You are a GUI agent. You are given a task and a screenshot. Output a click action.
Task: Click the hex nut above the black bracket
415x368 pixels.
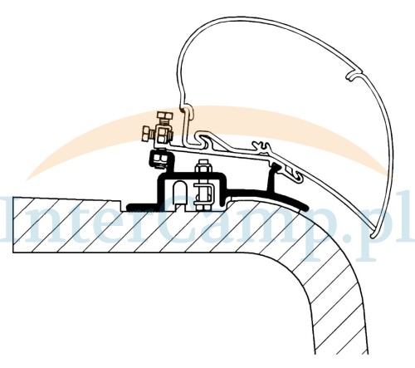(203, 168)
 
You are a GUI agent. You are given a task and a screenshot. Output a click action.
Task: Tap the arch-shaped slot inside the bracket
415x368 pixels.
(180, 193)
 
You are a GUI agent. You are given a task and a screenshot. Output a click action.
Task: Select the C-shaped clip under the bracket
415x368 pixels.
(204, 193)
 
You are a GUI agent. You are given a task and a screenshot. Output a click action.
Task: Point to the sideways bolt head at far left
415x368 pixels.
(145, 133)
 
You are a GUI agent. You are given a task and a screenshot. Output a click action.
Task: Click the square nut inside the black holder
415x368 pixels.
(159, 159)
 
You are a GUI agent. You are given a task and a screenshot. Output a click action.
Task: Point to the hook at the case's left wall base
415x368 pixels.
(187, 110)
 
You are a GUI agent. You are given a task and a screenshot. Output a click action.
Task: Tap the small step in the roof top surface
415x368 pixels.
(122, 205)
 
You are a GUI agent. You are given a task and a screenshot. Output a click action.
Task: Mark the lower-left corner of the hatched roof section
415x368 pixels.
(13, 253)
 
